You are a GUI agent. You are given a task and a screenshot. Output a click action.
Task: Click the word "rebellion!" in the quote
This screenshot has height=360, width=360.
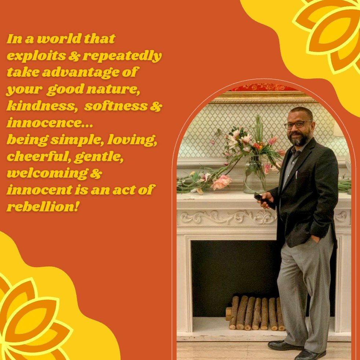(43, 207)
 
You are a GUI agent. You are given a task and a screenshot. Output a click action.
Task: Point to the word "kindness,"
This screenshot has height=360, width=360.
(42, 106)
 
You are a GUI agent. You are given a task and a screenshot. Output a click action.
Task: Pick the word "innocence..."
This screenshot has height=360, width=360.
(50, 122)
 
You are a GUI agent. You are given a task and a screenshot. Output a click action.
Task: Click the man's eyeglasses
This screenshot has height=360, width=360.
(297, 125)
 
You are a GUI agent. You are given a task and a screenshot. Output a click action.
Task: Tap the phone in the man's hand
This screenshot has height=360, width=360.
(264, 201)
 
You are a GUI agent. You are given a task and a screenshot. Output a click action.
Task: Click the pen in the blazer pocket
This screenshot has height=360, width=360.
(297, 175)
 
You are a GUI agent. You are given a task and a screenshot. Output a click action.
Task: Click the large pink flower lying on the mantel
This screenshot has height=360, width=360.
(221, 182)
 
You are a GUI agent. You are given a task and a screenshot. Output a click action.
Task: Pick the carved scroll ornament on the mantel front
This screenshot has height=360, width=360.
(227, 218)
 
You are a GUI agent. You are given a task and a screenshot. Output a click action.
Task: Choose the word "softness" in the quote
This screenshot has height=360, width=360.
(116, 106)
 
